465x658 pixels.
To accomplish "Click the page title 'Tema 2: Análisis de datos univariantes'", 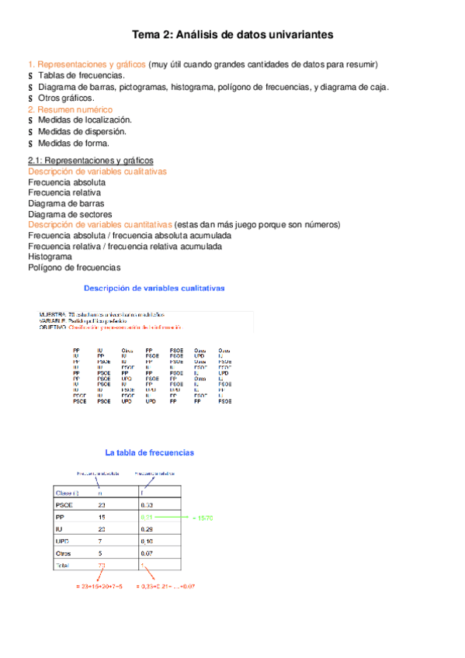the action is (x=232, y=35).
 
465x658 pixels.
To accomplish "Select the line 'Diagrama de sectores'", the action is (x=70, y=214).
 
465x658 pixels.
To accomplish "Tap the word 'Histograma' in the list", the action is (x=50, y=256).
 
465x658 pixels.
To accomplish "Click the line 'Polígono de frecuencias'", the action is (x=75, y=268).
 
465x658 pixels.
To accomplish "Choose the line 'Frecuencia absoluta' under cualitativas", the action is (x=67, y=182).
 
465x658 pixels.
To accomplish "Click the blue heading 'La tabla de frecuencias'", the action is (x=150, y=452).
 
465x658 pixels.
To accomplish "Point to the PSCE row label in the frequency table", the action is (x=64, y=504).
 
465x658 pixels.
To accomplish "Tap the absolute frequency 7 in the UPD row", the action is (x=99, y=541).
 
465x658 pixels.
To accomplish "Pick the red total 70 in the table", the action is (x=101, y=566).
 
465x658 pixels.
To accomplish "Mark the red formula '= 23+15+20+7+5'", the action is (x=99, y=587).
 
